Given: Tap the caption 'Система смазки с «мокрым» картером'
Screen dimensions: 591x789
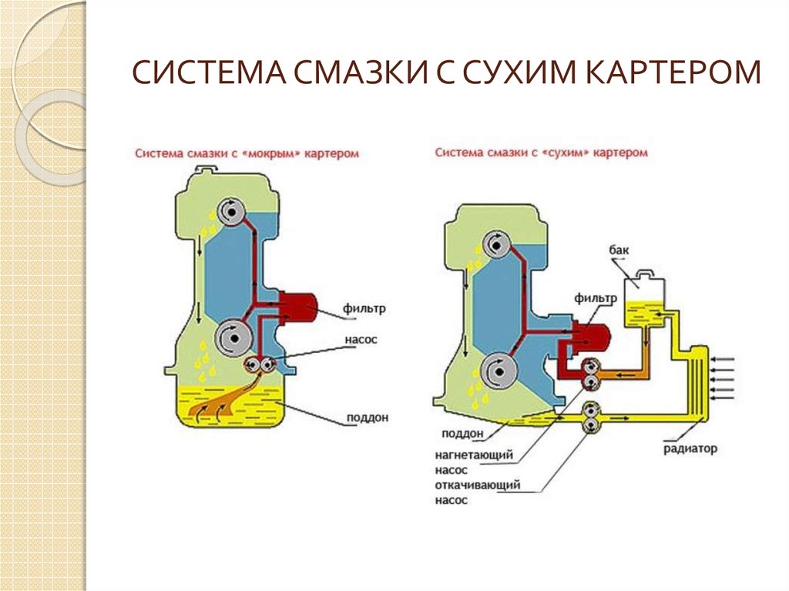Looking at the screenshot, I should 247,154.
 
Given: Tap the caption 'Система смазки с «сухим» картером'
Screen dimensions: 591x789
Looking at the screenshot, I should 541,153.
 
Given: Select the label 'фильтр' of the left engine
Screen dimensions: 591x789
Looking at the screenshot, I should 366,309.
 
